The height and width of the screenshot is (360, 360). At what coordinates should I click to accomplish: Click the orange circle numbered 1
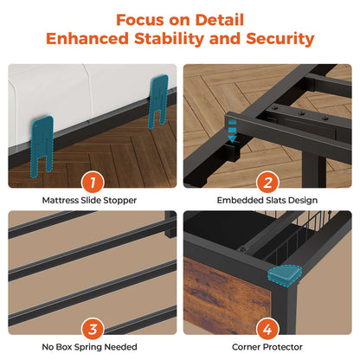93,183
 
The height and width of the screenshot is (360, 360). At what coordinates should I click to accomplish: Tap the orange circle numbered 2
267,183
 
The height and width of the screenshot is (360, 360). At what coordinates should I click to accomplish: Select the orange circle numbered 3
93,329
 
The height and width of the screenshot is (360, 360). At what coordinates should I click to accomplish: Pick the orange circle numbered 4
267,329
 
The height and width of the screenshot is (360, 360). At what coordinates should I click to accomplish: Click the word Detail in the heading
220,20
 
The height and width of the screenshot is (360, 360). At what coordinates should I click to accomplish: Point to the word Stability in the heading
169,39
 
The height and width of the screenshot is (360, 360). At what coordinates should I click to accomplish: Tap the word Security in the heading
280,39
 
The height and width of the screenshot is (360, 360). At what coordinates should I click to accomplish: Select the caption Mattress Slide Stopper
89,200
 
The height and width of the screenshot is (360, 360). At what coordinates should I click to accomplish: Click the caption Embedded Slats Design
267,200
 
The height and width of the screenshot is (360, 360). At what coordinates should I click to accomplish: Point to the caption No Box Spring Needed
89,347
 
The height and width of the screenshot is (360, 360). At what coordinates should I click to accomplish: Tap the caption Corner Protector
267,347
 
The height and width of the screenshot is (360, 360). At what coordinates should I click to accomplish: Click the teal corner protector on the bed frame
284,275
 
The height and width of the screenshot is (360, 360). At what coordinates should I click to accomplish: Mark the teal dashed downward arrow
232,132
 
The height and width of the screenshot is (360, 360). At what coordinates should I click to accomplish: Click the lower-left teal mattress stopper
42,145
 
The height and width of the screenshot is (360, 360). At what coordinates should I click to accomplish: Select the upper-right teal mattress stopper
158,98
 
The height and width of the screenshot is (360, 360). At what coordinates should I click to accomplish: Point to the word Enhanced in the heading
87,39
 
